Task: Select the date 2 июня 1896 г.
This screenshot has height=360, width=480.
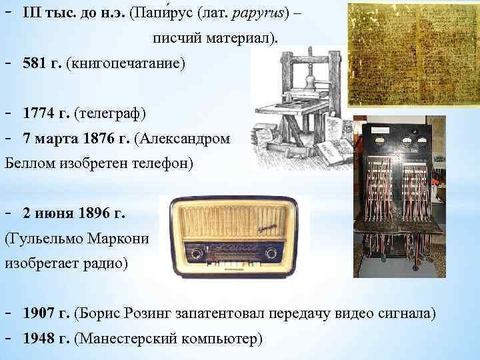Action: (73, 214)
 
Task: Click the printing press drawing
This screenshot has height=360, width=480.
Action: (300, 107)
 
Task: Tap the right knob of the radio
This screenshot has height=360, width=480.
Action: (271, 253)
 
